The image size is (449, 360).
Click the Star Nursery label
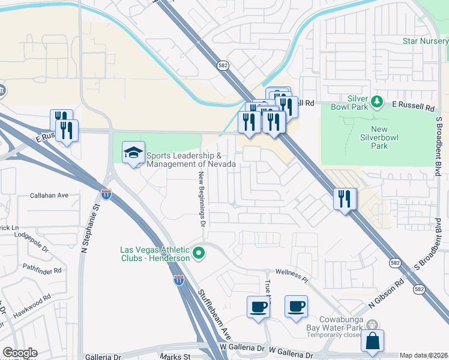(425, 41)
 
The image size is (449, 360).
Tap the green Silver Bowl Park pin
(377, 101)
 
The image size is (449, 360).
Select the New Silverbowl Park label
(387, 137)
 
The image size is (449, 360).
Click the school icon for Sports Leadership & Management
(133, 153)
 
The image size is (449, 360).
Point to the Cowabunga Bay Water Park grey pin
(372, 324)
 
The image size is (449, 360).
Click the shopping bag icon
(373, 341)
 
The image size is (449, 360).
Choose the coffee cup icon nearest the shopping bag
(295, 307)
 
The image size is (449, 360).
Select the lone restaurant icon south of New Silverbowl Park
(345, 199)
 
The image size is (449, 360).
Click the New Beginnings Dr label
(202, 198)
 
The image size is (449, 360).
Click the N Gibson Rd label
(391, 290)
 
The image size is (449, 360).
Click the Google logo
(19, 353)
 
